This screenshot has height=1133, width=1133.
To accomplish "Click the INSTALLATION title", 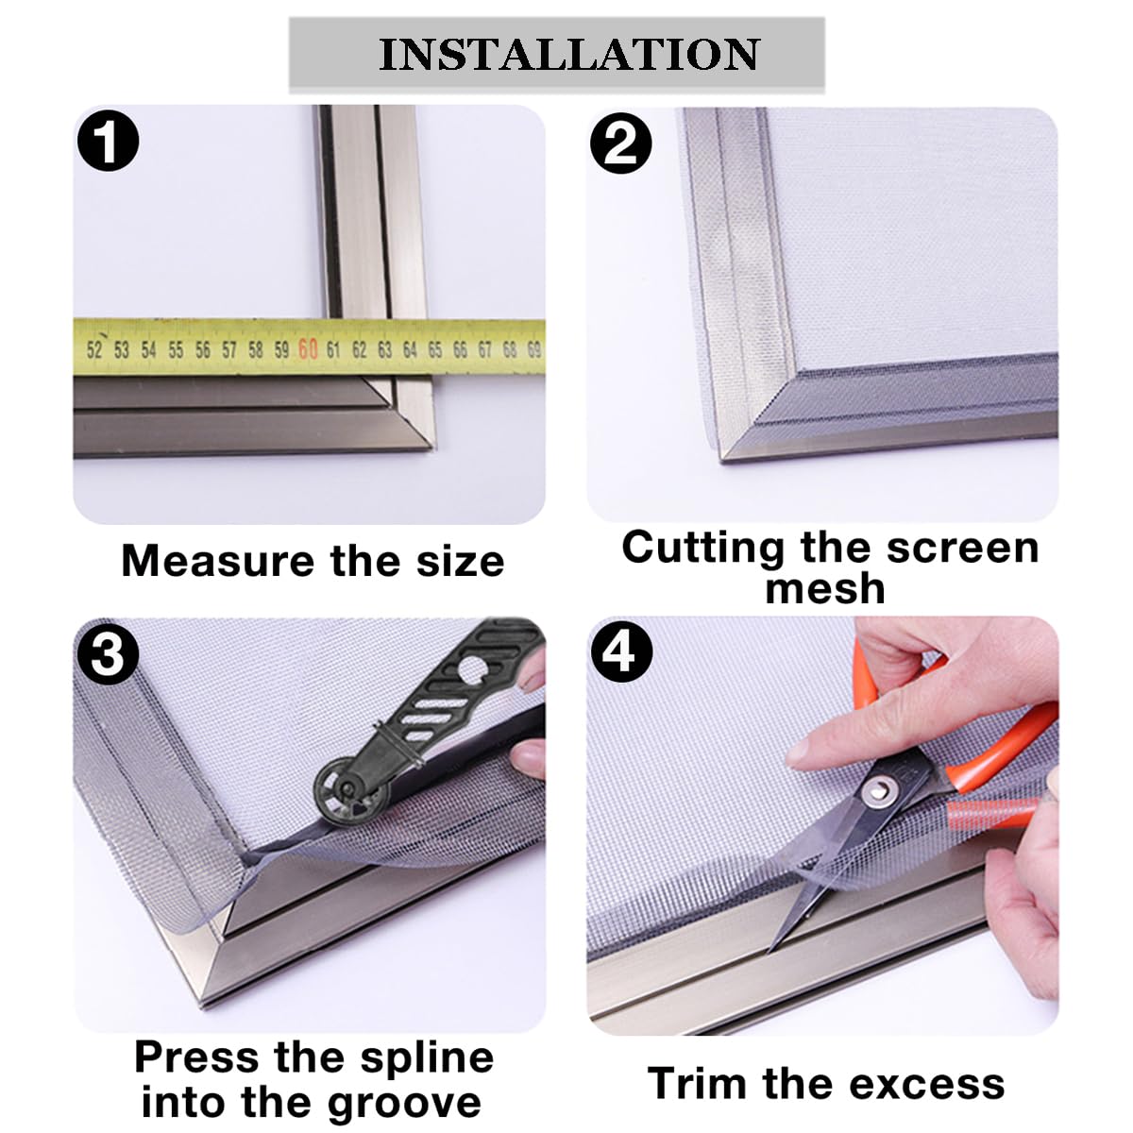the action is coord(569,55).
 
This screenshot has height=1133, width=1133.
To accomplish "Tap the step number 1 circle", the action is coord(109,141).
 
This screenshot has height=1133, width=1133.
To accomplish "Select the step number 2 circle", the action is coord(621,143).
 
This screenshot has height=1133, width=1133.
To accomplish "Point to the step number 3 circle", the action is coord(108,653).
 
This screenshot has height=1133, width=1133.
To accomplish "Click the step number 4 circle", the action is coord(621,651).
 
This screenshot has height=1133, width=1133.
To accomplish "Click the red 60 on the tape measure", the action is coord(308,349).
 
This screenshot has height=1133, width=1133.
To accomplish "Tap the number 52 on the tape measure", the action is coord(94,350).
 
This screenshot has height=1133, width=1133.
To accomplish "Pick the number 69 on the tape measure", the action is coord(533,350).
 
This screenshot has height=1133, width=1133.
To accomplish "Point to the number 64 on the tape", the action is coord(410,350).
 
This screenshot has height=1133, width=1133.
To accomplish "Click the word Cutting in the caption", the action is coord(703,548).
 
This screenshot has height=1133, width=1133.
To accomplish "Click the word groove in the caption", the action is coord(404,1104).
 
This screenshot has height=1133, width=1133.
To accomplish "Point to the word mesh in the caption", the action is coord(825,588).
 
